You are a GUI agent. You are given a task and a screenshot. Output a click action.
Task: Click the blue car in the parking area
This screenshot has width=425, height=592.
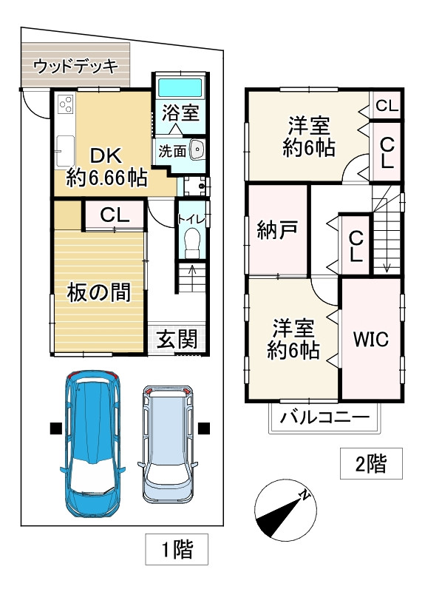tap(93, 443)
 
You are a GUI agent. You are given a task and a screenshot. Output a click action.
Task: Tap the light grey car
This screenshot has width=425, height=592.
tap(168, 444)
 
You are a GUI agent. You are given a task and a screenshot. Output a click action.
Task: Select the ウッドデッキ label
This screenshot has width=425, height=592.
tap(76, 67)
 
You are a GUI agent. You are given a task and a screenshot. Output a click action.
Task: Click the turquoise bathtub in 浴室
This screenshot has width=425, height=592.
tap(180, 87)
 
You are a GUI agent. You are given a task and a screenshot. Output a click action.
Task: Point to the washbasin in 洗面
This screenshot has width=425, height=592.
tap(197, 149)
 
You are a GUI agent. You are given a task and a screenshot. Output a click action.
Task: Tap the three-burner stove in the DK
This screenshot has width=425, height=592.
tap(66, 104)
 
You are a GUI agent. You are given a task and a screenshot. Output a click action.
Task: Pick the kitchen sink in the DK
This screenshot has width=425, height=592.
tap(65, 151)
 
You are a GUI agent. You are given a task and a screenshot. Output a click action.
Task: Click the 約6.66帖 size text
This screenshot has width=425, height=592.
tap(106, 178)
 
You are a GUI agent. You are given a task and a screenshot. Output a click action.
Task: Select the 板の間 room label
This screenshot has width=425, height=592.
tap(99, 292)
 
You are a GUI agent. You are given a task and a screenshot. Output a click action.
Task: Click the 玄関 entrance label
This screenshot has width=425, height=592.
tap(177, 339)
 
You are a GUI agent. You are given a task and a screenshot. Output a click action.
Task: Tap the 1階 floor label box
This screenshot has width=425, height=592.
tap(177, 549)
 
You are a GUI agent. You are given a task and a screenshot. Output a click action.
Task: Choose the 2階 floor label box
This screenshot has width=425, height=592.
tap(371, 464)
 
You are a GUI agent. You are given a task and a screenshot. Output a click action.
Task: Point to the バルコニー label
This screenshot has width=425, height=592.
tap(324, 417)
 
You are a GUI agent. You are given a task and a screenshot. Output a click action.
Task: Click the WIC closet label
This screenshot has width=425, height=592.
tap(371, 339)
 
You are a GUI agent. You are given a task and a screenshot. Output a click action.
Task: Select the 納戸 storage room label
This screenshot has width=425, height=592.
tap(278, 229)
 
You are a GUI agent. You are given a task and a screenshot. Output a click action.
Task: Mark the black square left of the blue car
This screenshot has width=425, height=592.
tap(56, 428)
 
